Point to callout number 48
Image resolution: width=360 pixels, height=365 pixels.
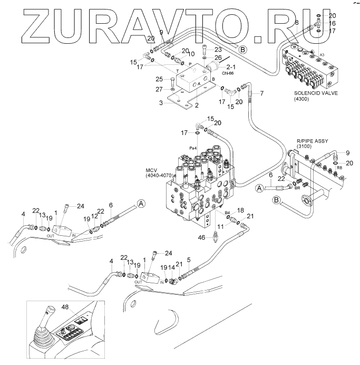[65, 307]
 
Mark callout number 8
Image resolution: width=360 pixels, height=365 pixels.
[296, 23]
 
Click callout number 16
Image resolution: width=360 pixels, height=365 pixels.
[332, 24]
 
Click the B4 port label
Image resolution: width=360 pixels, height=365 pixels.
[228, 213]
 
